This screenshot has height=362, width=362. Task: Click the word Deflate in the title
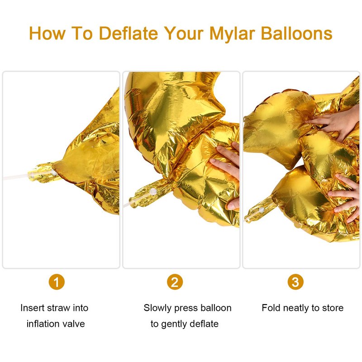[x=129, y=33]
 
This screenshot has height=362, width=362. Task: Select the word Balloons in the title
[x=297, y=33]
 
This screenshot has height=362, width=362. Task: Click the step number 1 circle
[x=57, y=282]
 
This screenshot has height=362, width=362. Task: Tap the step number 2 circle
[x=175, y=282]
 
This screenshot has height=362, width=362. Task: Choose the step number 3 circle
[x=295, y=282]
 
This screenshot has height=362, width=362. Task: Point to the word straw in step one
[x=59, y=308]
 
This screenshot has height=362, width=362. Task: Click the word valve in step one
[x=75, y=324]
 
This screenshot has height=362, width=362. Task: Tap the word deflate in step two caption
[x=204, y=324]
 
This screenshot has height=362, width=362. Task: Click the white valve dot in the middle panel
[x=152, y=191]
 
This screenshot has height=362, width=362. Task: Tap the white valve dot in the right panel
[x=262, y=210]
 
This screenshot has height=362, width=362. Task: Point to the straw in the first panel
[x=16, y=177]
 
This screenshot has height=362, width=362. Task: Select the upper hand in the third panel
[x=335, y=122]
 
